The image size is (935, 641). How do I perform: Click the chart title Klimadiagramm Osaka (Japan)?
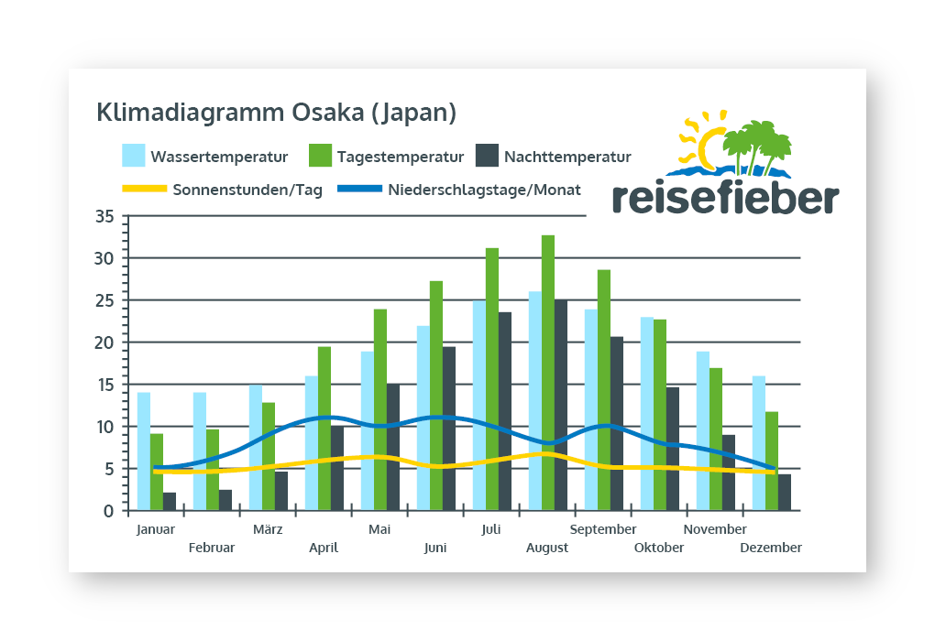click(x=276, y=114)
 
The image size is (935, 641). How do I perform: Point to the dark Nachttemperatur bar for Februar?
click(x=225, y=500)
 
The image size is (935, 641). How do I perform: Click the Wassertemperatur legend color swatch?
click(x=134, y=156)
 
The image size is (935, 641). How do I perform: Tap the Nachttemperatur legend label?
click(x=567, y=157)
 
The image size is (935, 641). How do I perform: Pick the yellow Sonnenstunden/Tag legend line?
click(x=143, y=190)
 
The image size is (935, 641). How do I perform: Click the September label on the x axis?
click(x=603, y=529)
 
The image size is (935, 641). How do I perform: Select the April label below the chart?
click(x=324, y=548)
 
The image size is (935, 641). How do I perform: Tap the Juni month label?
click(x=435, y=548)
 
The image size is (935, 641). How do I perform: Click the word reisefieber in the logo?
click(x=724, y=197)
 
